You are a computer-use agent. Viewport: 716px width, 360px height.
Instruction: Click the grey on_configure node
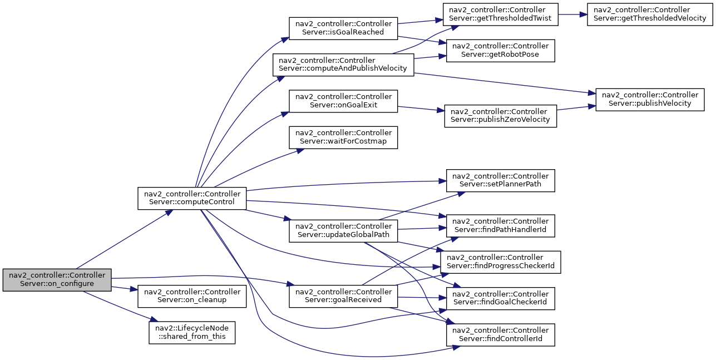[x=57, y=280]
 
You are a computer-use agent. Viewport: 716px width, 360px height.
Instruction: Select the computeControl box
[x=192, y=198]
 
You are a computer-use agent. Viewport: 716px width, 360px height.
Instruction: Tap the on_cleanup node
[x=192, y=296]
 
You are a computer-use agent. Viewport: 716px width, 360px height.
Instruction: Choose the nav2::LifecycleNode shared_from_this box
[x=192, y=333]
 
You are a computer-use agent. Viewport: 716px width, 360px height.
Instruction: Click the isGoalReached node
[x=343, y=28]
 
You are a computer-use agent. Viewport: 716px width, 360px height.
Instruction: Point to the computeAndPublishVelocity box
[x=343, y=65]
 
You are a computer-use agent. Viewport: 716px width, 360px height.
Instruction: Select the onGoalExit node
[x=343, y=101]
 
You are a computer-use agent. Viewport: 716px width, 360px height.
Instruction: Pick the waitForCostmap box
[x=343, y=137]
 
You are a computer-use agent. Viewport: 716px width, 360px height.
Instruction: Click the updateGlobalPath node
[x=343, y=231]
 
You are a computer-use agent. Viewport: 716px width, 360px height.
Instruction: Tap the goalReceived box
[x=343, y=296]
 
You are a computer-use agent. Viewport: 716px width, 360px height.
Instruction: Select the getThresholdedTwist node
[x=500, y=14]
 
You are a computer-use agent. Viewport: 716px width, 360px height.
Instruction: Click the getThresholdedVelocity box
[x=650, y=14]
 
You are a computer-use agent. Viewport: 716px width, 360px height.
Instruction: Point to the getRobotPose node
[x=500, y=51]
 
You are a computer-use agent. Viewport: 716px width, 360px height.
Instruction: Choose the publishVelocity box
[x=650, y=100]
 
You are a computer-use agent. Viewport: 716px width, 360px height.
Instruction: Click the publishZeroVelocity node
[x=500, y=116]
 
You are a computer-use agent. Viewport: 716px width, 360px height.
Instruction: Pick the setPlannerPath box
[x=500, y=181]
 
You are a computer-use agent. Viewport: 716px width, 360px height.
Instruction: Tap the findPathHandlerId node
[x=500, y=226]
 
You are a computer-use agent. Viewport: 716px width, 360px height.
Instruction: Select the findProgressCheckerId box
[x=500, y=262]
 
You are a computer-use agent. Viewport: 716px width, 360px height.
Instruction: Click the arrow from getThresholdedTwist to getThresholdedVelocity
[x=572, y=14]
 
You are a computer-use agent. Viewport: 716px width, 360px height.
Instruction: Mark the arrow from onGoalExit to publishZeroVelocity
[x=421, y=109]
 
